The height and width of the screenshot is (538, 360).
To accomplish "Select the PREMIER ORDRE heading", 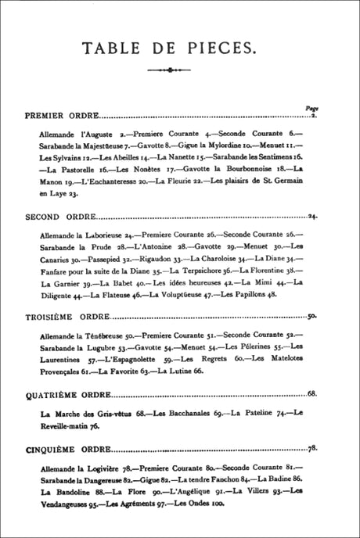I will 56,116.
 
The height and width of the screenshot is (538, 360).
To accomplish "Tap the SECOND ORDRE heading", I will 53,216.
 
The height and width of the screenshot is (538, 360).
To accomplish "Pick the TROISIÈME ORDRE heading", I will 59,317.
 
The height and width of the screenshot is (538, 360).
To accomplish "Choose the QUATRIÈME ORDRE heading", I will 61,393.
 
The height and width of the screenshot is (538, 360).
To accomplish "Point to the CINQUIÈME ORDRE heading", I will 62,450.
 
